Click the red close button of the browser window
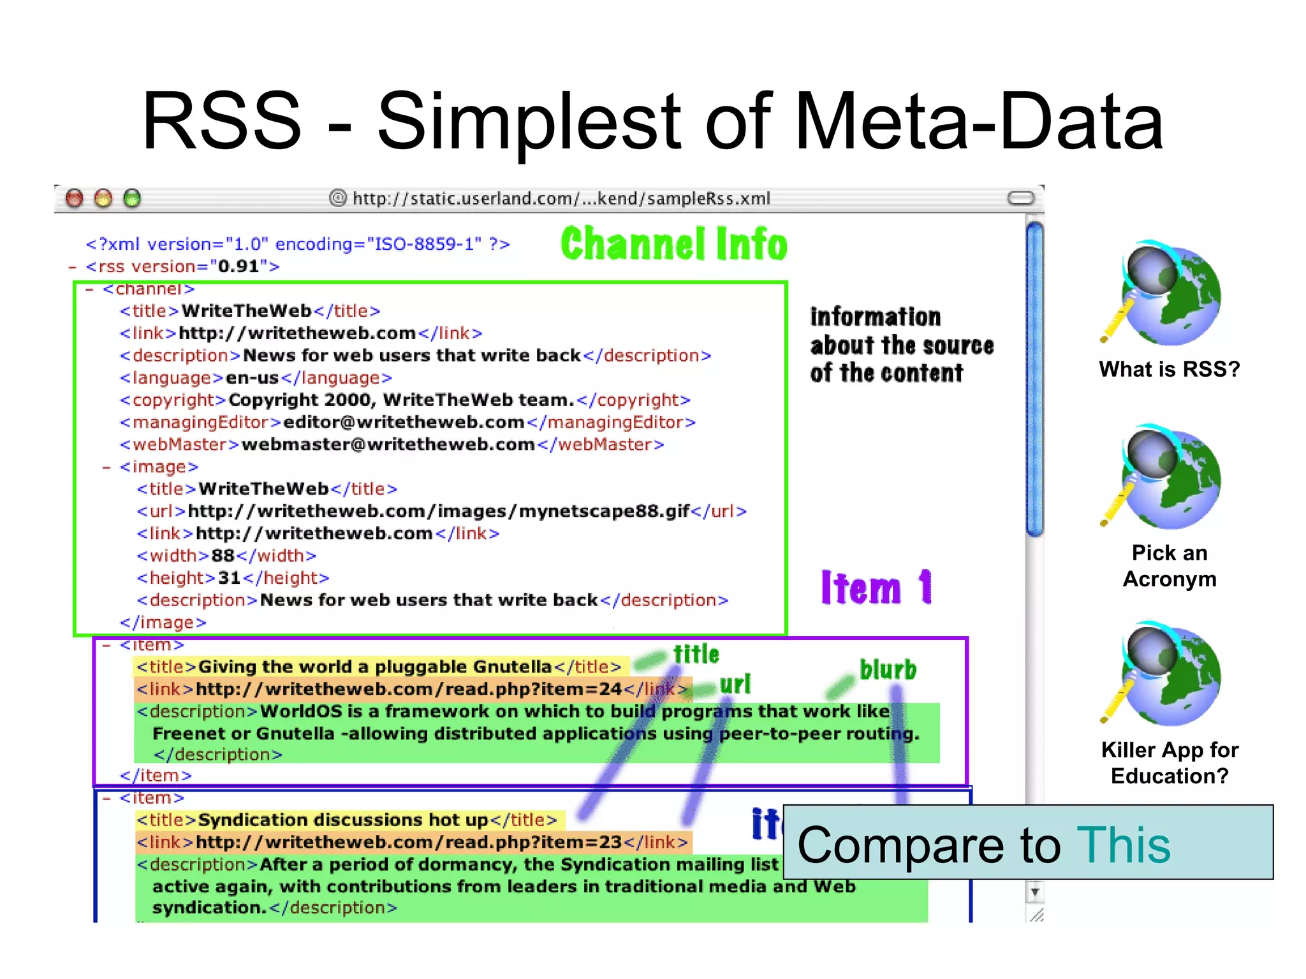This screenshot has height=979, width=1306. [75, 199]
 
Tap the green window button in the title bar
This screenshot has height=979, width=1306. [132, 199]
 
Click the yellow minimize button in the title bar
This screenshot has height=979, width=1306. [103, 199]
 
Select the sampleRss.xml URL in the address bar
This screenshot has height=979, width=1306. [561, 199]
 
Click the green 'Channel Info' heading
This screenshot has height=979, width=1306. [674, 244]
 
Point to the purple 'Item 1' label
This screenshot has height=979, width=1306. [876, 587]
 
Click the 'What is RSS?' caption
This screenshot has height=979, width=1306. [1169, 369]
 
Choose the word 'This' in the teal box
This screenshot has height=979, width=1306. [1123, 845]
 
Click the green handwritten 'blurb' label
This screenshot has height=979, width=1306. [888, 670]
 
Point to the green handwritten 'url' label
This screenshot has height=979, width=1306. [735, 685]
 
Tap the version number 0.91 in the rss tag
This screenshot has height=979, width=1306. [238, 266]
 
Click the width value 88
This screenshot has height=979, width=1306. [223, 556]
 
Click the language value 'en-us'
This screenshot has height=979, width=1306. [253, 378]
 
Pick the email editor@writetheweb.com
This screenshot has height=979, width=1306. [404, 423]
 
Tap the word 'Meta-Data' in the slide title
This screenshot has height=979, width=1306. [979, 121]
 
